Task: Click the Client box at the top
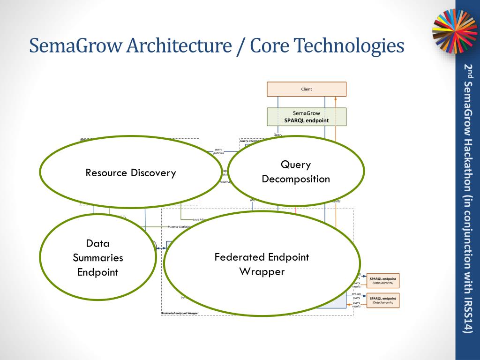(x=307, y=89)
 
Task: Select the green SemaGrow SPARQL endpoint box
(x=307, y=117)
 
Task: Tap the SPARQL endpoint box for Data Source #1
(x=383, y=280)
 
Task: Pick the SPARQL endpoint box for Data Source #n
(x=383, y=300)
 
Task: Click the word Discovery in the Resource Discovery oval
(x=153, y=173)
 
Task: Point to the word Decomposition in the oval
(x=296, y=179)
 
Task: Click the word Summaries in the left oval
(x=98, y=258)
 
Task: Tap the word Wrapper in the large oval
(x=262, y=271)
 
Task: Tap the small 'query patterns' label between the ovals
(x=218, y=151)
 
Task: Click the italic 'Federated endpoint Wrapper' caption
(x=180, y=313)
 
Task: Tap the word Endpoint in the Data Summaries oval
(x=98, y=272)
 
